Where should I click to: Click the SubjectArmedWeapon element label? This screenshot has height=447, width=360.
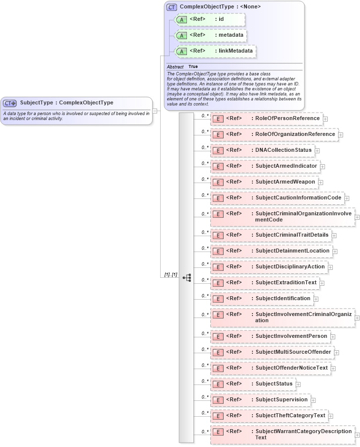click(x=285, y=182)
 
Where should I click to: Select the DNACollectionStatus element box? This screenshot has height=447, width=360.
click(x=262, y=150)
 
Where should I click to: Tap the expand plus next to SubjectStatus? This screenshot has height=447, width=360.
click(x=299, y=384)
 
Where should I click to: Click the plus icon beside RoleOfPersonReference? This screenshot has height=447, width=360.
click(x=325, y=119)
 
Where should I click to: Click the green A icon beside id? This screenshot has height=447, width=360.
click(x=181, y=20)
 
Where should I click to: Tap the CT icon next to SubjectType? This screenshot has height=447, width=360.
click(x=10, y=103)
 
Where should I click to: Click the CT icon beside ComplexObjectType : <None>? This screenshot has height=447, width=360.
click(x=172, y=7)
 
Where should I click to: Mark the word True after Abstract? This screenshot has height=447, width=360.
click(x=193, y=66)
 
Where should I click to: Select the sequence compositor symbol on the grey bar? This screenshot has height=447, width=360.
click(x=187, y=278)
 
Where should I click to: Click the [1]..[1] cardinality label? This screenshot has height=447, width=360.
click(x=171, y=274)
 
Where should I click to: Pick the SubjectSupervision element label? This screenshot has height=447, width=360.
click(x=281, y=399)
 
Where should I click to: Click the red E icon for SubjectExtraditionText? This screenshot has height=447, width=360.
click(x=218, y=283)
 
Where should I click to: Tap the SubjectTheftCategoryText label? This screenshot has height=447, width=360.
click(x=290, y=415)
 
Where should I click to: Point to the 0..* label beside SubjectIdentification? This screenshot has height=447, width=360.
click(x=205, y=296)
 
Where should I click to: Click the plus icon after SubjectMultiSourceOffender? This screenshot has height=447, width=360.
click(x=337, y=353)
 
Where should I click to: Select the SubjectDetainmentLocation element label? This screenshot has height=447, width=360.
click(x=292, y=251)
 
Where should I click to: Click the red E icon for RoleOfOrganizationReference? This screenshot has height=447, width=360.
click(x=218, y=134)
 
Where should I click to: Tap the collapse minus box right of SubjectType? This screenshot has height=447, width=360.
click(x=155, y=111)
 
